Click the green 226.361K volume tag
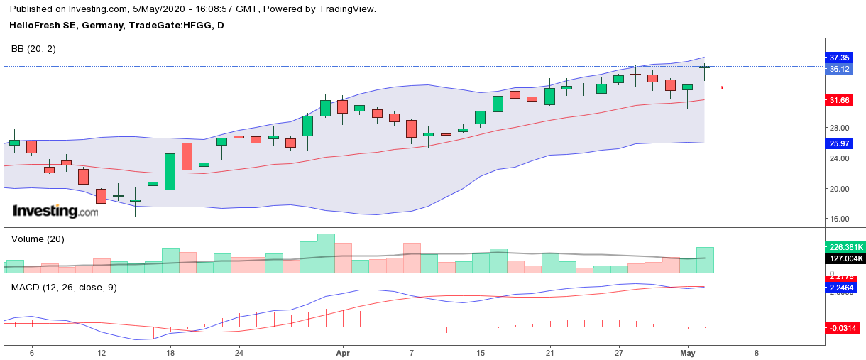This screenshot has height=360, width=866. point(845,247)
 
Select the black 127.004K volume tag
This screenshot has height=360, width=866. point(845,258)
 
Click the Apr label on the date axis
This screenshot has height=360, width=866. point(343,352)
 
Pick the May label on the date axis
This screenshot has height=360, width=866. point(687,352)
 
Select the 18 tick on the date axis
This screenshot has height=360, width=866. point(170,352)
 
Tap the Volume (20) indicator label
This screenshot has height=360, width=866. point(38,239)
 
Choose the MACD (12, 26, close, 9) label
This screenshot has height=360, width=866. point(64,288)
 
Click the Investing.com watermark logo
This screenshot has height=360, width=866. point(55,211)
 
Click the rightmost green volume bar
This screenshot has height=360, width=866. point(705,261)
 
